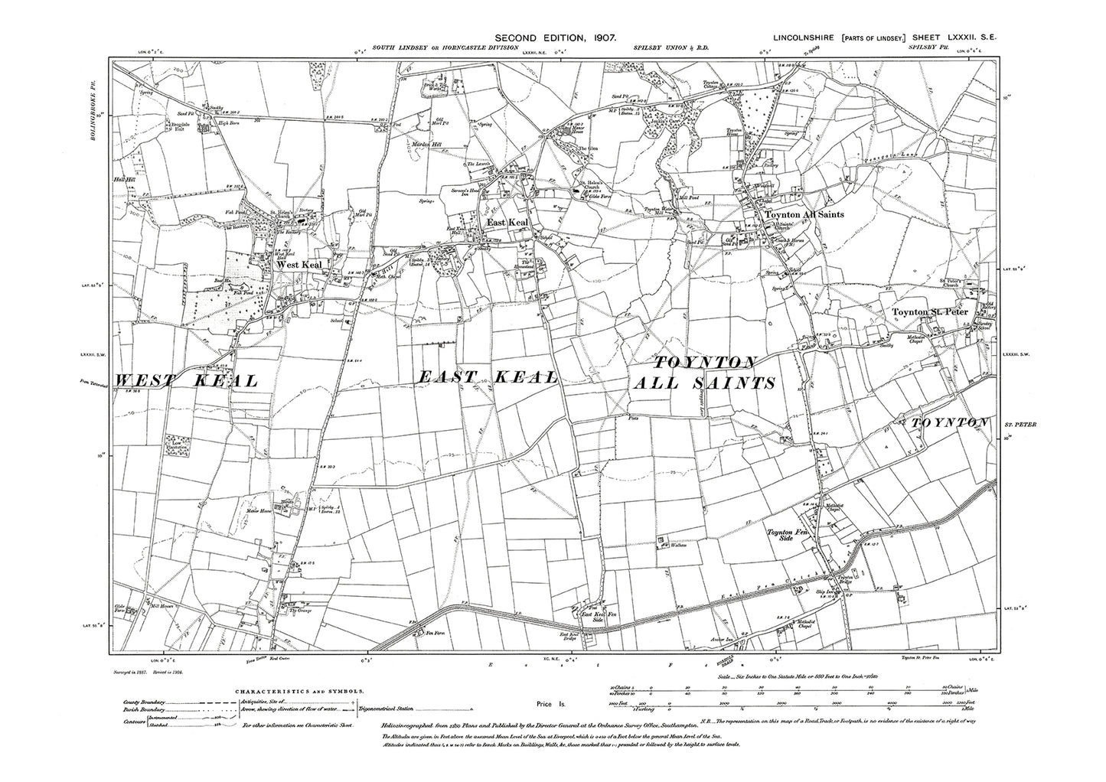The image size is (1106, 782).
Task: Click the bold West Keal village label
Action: [x=301, y=265]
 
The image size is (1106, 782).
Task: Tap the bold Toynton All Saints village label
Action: [x=805, y=215]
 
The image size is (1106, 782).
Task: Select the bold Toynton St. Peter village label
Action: [x=929, y=312]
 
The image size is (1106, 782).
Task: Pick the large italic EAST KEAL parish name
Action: [x=488, y=377]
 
